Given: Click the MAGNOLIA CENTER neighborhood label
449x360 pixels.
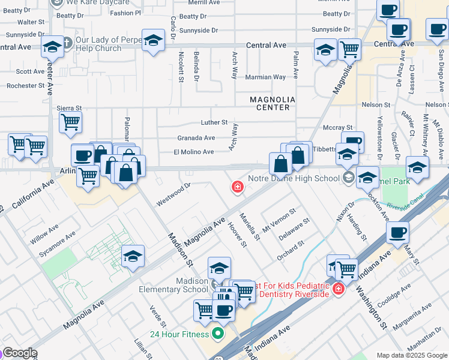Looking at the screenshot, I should click(273, 103).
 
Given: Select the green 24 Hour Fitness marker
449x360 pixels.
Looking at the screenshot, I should click(217, 334).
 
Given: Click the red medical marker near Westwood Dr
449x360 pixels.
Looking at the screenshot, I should click(238, 187).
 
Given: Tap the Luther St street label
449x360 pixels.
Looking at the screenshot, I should click(214, 122).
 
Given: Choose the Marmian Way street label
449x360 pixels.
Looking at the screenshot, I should click(265, 77).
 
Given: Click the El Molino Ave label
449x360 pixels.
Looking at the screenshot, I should click(193, 152).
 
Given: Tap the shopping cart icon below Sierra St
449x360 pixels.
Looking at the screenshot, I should click(70, 122).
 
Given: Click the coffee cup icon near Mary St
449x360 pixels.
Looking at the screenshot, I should click(397, 233).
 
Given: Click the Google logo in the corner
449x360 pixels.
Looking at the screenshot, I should click(20, 353).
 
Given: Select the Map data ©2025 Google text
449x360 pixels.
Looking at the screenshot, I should click(412, 355).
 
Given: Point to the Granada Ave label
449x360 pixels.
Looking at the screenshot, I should click(196, 138).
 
